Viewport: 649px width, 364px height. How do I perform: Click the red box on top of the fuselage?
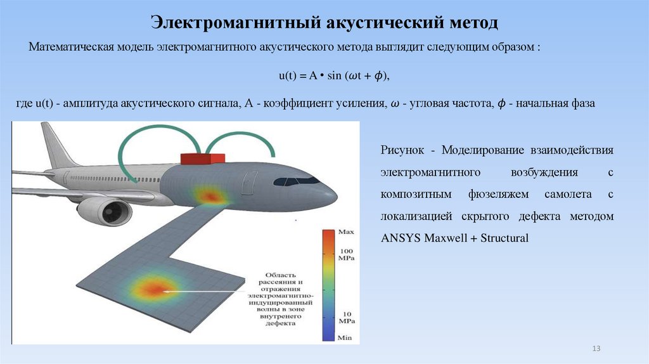click(x=202, y=158)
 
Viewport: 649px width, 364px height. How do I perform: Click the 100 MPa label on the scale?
click(x=345, y=255)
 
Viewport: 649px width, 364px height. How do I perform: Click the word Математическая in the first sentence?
click(x=70, y=48)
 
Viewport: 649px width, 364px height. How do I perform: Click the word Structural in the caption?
click(x=504, y=238)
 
